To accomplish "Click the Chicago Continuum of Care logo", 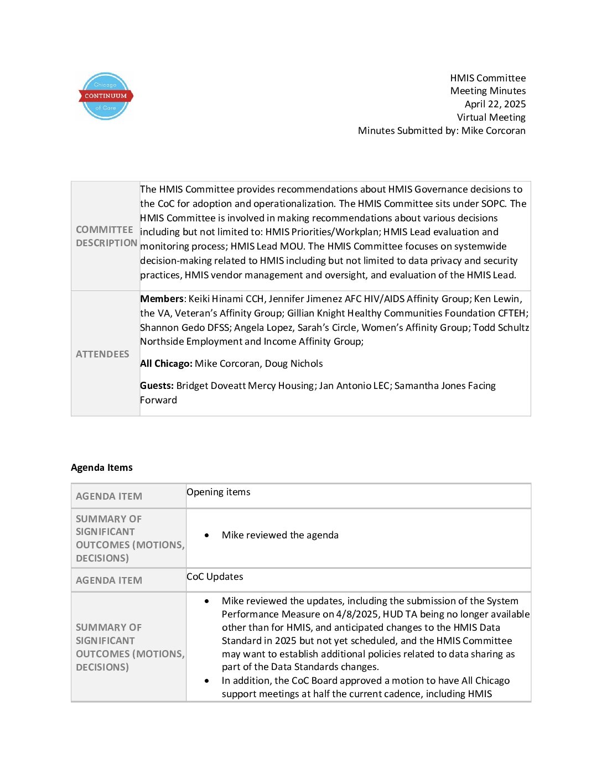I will [105, 96].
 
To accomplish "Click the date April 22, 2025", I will [495, 104].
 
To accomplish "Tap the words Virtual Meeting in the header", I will [491, 117].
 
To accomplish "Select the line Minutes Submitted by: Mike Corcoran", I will [442, 131].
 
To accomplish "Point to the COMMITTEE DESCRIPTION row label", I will [106, 236].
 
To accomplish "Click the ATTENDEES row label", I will [102, 354].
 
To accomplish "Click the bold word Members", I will [162, 299].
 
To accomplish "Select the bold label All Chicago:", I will [166, 363].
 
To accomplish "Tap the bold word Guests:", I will [157, 386].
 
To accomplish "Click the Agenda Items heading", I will [102, 468].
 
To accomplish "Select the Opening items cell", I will [219, 492].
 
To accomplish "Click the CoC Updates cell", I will [215, 577].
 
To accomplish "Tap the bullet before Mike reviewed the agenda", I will [207, 536].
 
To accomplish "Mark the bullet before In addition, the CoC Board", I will [207, 681].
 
